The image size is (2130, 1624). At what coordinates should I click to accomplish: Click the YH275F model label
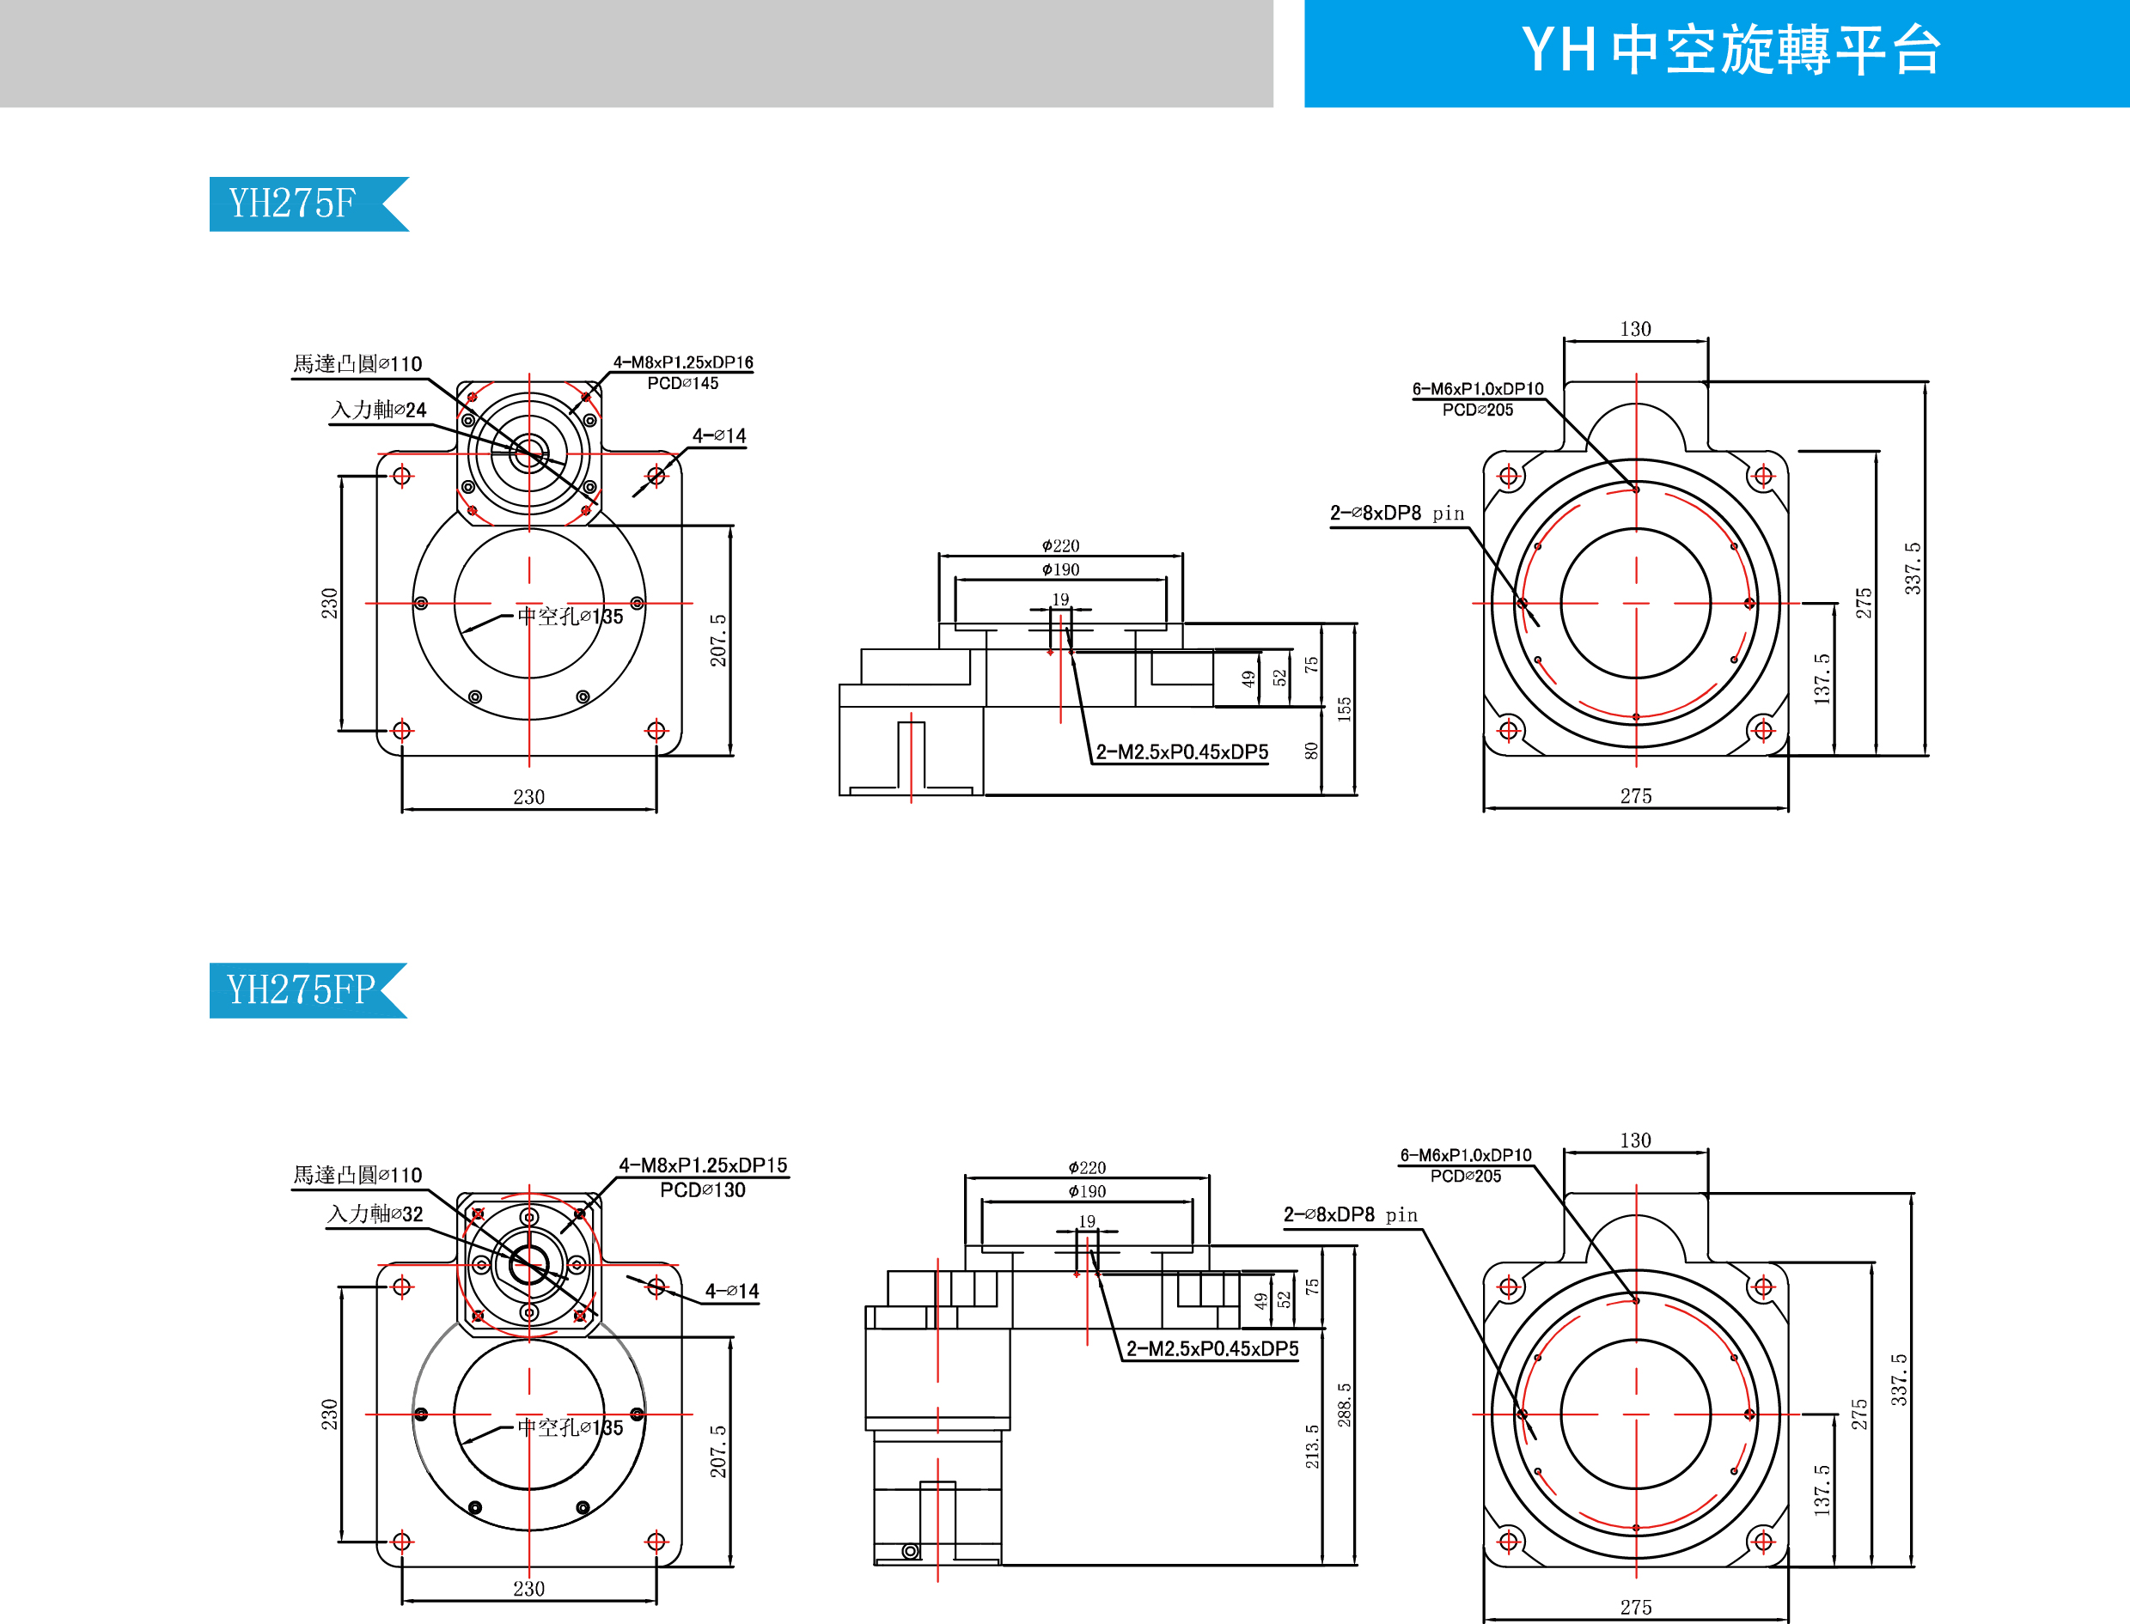click(292, 204)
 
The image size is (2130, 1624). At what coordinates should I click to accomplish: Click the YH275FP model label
click(300, 990)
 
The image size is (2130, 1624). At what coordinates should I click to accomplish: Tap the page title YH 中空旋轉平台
click(1730, 51)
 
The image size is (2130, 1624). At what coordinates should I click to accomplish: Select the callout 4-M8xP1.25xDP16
click(682, 362)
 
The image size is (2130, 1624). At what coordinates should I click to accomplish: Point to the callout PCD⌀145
click(682, 384)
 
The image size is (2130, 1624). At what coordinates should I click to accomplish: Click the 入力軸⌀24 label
click(378, 410)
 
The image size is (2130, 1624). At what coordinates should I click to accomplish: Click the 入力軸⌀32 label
click(375, 1214)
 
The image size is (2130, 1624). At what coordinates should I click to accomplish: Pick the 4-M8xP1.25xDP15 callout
click(703, 1165)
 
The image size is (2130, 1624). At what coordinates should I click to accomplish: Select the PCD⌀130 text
click(703, 1190)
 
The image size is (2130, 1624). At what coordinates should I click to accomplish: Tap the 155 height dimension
click(1344, 709)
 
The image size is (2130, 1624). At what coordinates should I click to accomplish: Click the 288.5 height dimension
click(1344, 1404)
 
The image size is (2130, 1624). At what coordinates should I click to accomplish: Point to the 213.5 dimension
click(1312, 1446)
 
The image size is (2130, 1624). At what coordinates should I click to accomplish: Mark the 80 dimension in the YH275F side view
click(1312, 751)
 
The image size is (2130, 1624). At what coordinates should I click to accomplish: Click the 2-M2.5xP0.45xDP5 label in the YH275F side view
click(1181, 752)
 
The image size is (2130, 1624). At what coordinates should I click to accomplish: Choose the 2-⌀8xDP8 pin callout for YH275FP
click(1350, 1215)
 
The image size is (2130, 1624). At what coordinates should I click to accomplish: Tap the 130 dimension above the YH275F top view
click(1635, 330)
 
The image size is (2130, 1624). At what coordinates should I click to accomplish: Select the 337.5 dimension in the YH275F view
click(1913, 568)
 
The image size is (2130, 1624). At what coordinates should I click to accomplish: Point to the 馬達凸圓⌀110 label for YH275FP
click(357, 1176)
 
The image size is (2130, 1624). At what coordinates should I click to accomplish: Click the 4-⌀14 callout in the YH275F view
click(719, 436)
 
